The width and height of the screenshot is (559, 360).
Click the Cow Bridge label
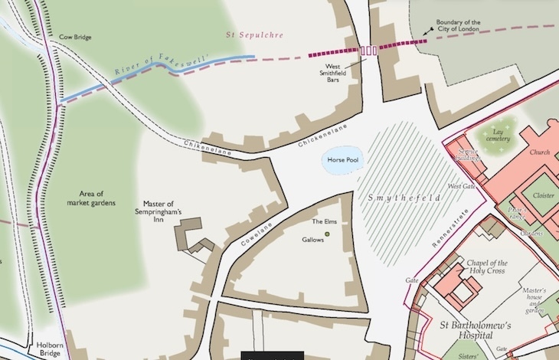(75, 36)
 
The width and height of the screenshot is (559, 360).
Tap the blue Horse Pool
(342, 161)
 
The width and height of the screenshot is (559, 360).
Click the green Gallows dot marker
(328, 233)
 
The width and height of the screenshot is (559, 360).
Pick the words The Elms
(325, 221)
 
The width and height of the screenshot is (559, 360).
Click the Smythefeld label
(405, 198)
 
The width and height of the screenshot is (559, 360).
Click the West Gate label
(460, 186)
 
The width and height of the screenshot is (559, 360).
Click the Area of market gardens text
(96, 198)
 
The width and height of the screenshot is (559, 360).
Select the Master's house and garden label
(533, 300)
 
